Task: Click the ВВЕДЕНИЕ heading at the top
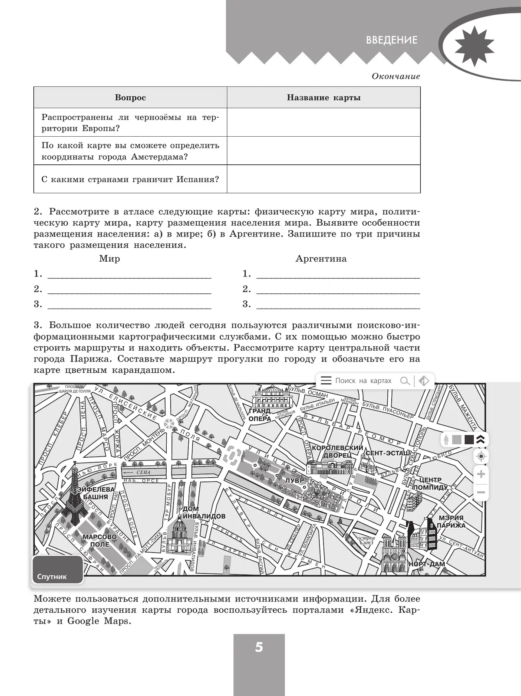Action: pos(392,40)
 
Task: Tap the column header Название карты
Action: pos(323,98)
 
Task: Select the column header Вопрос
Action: pos(130,98)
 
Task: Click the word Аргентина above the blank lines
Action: pos(321,259)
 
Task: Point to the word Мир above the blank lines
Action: pos(109,259)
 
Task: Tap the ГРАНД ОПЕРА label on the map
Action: pos(260,415)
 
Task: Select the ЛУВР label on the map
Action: pos(295,481)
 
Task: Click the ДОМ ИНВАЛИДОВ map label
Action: pos(204,512)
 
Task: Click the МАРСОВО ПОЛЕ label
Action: pos(99,541)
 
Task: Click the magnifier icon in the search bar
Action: pos(405,381)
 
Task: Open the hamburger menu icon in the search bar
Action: pos(326,381)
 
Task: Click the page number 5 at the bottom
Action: pos(259,648)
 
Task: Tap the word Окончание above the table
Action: pos(396,76)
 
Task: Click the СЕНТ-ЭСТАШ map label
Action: pos(387,453)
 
